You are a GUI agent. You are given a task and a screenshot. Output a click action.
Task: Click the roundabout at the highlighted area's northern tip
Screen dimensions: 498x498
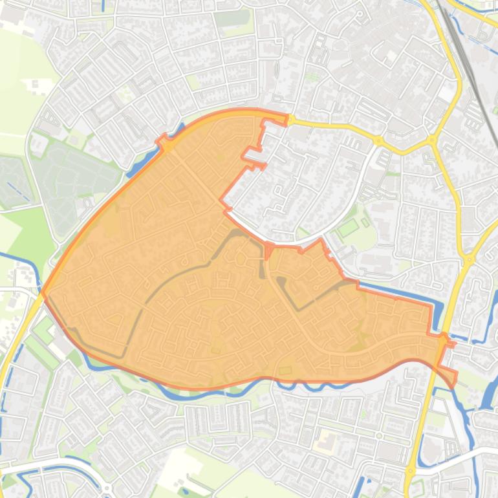tap(291, 120)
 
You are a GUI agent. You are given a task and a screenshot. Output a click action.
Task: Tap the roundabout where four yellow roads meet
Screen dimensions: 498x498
tap(432, 139)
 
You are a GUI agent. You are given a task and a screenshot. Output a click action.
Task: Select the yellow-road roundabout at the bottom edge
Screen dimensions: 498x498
tap(410, 470)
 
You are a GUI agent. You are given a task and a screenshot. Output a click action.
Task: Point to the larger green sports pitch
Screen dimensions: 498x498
tap(348, 228)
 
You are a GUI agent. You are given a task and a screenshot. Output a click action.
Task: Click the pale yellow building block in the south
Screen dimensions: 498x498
tap(325, 443)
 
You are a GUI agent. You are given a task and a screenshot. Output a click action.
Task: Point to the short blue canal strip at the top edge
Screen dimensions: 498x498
tap(104, 6)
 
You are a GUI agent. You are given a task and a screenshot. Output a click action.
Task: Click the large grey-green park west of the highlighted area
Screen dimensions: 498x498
tap(71, 175)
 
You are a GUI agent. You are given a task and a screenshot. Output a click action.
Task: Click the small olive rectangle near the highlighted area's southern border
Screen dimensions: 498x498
tap(285, 370)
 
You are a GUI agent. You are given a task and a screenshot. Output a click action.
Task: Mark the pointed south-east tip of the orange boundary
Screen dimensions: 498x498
tap(455, 382)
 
